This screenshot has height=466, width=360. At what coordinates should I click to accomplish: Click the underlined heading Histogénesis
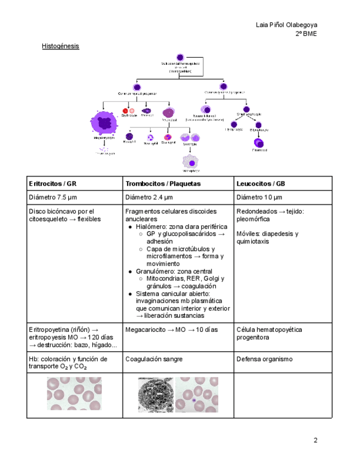pos(60,46)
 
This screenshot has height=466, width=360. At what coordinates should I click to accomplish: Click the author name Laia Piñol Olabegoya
pos(286,25)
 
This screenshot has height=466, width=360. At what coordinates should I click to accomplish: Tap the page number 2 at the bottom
pos(315,440)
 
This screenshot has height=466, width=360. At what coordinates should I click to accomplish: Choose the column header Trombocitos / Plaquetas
pos(163,184)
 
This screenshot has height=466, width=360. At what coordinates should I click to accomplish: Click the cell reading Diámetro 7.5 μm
pos(54,197)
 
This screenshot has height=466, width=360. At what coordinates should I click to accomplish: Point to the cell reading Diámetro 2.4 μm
pos(149,197)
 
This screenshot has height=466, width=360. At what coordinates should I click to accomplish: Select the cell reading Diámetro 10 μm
pos(259,197)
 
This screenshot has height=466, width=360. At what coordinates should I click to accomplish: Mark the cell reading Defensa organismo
pos(264,359)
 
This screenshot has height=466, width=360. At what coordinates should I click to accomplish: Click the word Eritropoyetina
pos(52,330)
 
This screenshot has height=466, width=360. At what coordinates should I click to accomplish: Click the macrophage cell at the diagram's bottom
pos(191,162)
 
